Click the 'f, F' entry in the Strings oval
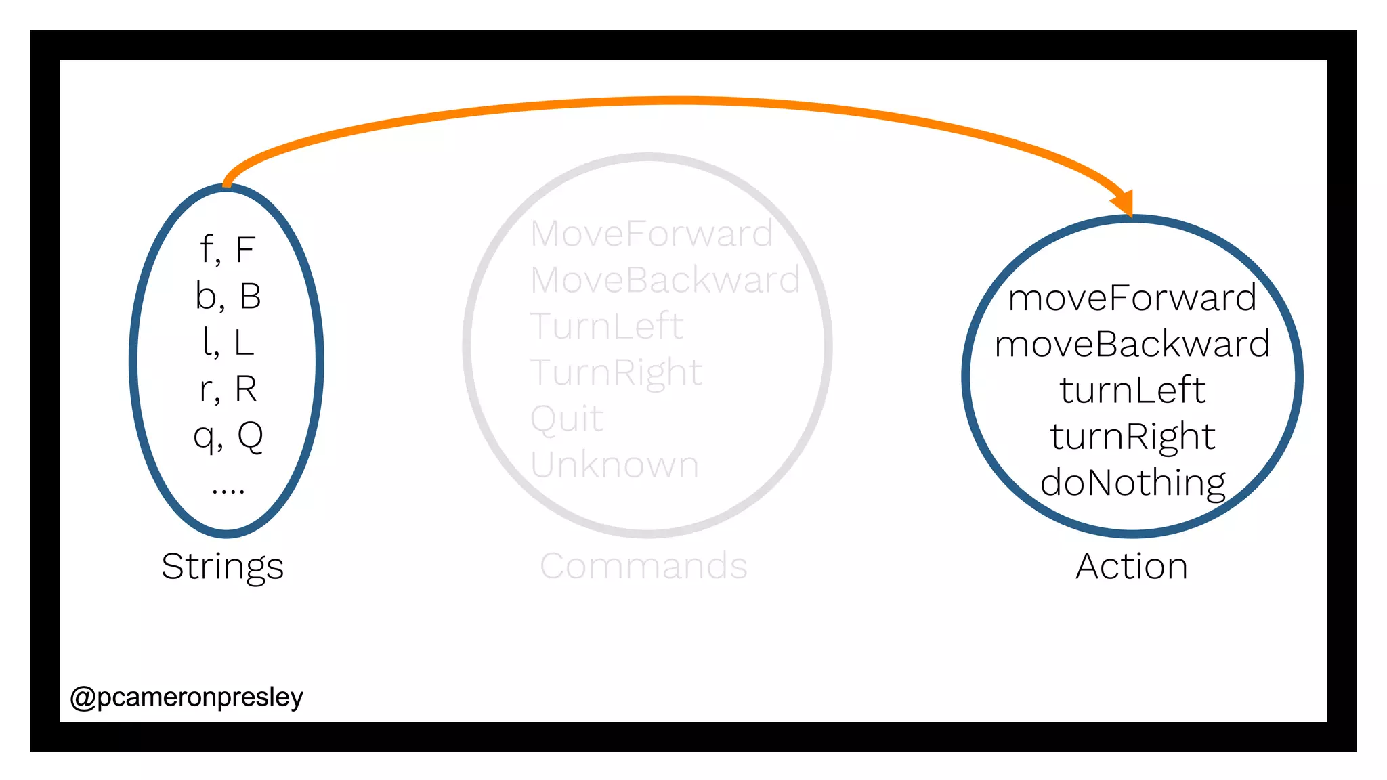(228, 250)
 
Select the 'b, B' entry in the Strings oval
(228, 297)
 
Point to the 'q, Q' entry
(228, 436)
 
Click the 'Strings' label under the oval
(222, 566)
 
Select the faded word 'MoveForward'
(652, 234)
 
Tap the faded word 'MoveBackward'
(665, 280)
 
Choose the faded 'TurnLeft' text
(607, 326)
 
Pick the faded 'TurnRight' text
(616, 372)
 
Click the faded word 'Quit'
(566, 418)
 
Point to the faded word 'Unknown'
(614, 465)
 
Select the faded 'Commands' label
(643, 566)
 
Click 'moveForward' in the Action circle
(1132, 298)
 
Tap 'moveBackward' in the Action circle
(1132, 344)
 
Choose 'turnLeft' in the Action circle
(1132, 390)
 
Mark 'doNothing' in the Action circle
(1132, 483)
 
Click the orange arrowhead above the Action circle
(1124, 202)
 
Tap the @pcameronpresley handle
(186, 697)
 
